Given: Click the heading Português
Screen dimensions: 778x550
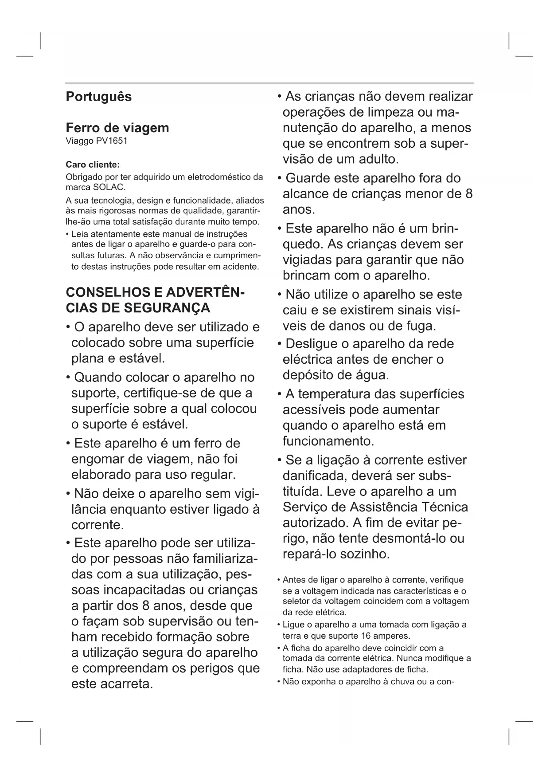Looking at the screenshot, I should (x=98, y=97).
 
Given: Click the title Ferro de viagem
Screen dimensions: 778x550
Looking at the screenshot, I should (x=117, y=128).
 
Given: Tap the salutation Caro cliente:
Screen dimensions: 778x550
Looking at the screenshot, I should (x=93, y=165).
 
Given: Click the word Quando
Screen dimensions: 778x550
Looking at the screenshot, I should (x=98, y=377).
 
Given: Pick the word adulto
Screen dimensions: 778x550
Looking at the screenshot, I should (x=376, y=159).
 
